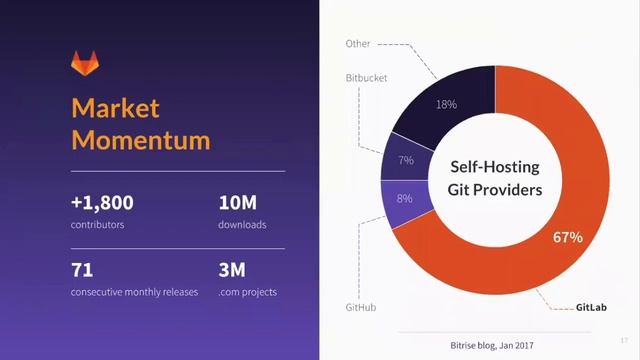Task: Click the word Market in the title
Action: pos(115,108)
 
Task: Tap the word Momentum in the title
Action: pos(140,139)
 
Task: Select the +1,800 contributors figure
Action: pos(102,203)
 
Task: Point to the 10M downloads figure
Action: pos(237,203)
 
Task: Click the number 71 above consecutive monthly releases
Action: pos(82,270)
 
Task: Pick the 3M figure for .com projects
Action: pos(233,270)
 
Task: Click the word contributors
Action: pos(97,225)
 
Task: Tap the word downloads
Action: pos(242,225)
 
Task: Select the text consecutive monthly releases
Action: pos(134,292)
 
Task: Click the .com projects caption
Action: pos(248,292)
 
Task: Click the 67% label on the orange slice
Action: pos(567,238)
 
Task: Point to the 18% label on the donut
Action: pos(446,104)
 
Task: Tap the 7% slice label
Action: pos(406,160)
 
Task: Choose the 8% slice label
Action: pos(404,198)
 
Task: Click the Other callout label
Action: pos(358,44)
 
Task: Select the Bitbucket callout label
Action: pos(366,77)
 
